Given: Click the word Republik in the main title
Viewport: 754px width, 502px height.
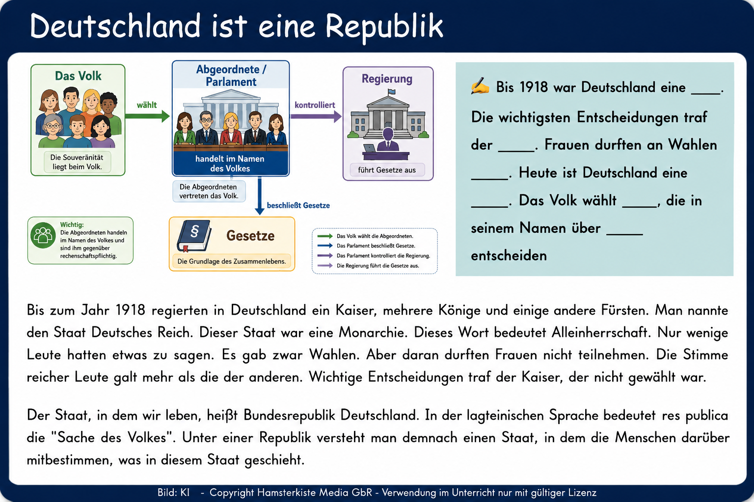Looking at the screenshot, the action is tap(384, 27).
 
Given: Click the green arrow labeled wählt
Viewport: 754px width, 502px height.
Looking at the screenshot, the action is tap(147, 116).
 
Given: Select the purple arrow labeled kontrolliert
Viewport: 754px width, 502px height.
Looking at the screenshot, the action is tap(316, 116).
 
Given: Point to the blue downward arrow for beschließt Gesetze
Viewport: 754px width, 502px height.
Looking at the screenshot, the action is tap(260, 196).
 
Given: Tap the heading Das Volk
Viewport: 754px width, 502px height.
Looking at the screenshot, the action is tap(78, 76).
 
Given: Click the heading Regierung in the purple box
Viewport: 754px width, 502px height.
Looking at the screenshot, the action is tap(387, 78).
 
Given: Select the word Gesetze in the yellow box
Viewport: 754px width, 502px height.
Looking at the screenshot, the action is tap(250, 236).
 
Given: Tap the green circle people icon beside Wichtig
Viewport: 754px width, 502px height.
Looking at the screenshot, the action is tap(43, 235).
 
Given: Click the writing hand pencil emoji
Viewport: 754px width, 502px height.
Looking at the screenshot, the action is tap(480, 86).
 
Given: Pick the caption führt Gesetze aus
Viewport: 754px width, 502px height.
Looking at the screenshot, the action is tap(387, 170).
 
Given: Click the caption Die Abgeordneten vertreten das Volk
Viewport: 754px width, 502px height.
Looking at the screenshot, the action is tap(209, 191).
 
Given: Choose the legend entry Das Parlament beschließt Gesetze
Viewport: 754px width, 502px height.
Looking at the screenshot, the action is tap(376, 246).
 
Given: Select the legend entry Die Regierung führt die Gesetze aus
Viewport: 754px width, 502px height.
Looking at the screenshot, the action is tap(377, 266).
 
